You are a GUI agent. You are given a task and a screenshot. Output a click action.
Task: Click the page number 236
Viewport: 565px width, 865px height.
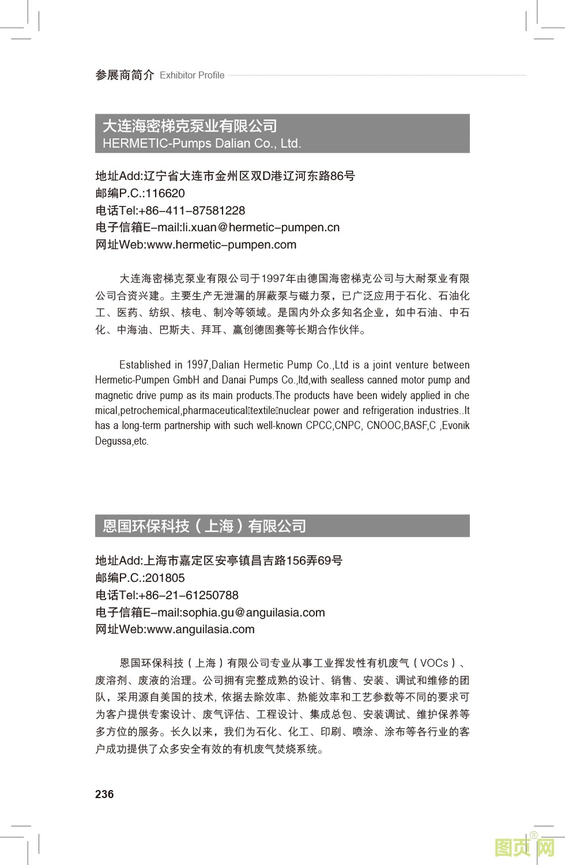tap(104, 794)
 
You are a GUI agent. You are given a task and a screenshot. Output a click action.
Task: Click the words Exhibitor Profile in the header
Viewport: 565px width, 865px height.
tap(192, 75)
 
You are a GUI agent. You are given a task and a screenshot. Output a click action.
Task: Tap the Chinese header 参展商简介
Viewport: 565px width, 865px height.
tap(125, 75)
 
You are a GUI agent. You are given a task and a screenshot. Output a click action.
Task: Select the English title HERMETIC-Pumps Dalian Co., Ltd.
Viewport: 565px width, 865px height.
tap(202, 144)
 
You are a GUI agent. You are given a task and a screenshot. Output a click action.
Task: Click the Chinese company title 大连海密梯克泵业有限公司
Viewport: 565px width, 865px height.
tap(190, 126)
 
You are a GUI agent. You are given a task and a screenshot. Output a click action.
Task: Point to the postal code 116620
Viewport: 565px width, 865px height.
tap(165, 193)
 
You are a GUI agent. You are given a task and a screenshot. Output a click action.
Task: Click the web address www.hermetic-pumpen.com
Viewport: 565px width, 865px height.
tap(222, 245)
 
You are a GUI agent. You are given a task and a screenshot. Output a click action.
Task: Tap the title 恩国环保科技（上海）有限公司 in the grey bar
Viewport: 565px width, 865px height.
tap(204, 526)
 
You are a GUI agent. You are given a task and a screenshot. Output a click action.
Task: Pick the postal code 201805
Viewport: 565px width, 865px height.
tap(165, 578)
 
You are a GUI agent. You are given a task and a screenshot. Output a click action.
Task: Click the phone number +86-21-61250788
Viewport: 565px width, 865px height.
tap(189, 595)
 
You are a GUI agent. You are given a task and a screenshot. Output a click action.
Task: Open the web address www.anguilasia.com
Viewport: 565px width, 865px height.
tap(201, 629)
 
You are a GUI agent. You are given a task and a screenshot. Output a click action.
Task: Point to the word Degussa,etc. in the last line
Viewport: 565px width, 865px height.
tap(122, 442)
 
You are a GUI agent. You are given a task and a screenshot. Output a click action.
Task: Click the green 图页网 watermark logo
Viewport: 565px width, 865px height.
tap(525, 848)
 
